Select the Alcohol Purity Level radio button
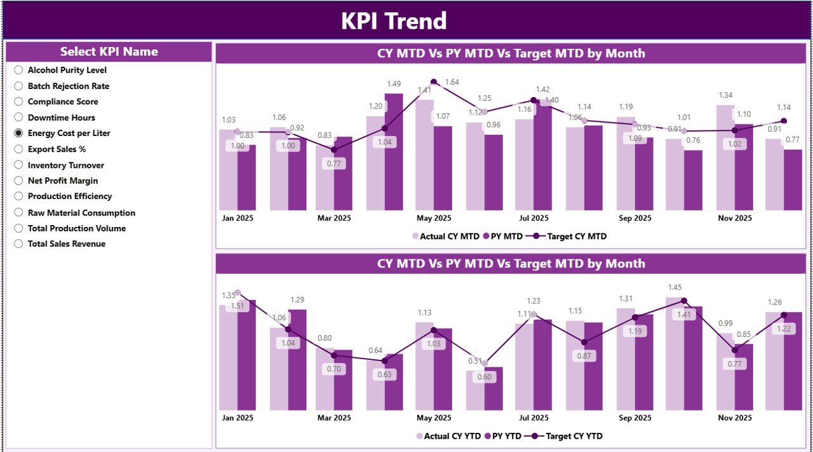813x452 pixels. coord(18,71)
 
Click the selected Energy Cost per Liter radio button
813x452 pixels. coord(18,134)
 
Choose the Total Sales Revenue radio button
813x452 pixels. coord(18,244)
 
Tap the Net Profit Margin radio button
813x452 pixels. coord(18,181)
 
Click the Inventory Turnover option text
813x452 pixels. coord(65,165)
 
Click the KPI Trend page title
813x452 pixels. coord(394,21)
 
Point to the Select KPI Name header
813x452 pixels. coord(109,52)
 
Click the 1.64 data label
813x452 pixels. coord(452,82)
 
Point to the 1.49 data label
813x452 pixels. coord(394,84)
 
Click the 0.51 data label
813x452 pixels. coord(474,361)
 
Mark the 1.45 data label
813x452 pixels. coord(675,288)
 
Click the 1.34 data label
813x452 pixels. coord(725,95)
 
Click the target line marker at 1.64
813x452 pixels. coord(434,81)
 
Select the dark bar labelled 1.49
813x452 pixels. coord(394,153)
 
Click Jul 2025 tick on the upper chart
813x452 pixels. coord(534,218)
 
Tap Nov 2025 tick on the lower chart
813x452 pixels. coord(734,418)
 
